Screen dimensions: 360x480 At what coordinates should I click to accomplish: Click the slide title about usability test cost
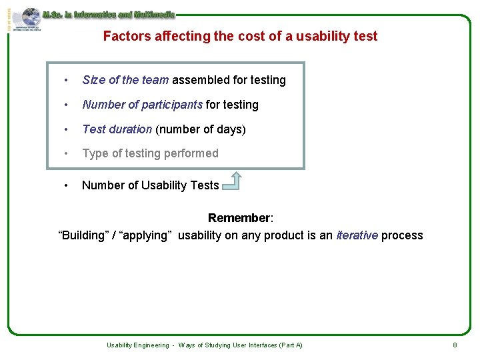coord(240,37)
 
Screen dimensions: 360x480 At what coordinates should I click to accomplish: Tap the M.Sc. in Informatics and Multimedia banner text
coord(108,14)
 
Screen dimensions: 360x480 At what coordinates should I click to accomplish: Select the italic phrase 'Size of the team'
coord(125,81)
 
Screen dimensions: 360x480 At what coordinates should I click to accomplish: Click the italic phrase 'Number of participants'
coord(142,105)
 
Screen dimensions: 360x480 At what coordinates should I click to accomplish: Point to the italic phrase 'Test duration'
coord(117,129)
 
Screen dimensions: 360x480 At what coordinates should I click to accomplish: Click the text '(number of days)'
coord(201,129)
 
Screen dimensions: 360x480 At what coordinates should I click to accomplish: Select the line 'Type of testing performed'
coord(150,153)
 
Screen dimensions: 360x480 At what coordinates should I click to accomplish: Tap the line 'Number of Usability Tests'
coord(150,185)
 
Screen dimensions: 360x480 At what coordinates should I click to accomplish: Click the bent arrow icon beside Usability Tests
coord(231,181)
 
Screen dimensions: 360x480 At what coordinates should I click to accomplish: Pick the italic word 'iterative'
coord(357,235)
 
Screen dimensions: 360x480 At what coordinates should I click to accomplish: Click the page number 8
coord(455,345)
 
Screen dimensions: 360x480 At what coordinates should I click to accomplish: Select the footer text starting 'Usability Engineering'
coord(205,345)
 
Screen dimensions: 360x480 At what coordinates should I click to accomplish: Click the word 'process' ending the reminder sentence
coord(402,235)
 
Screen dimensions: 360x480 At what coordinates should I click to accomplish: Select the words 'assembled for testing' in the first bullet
coord(229,81)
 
